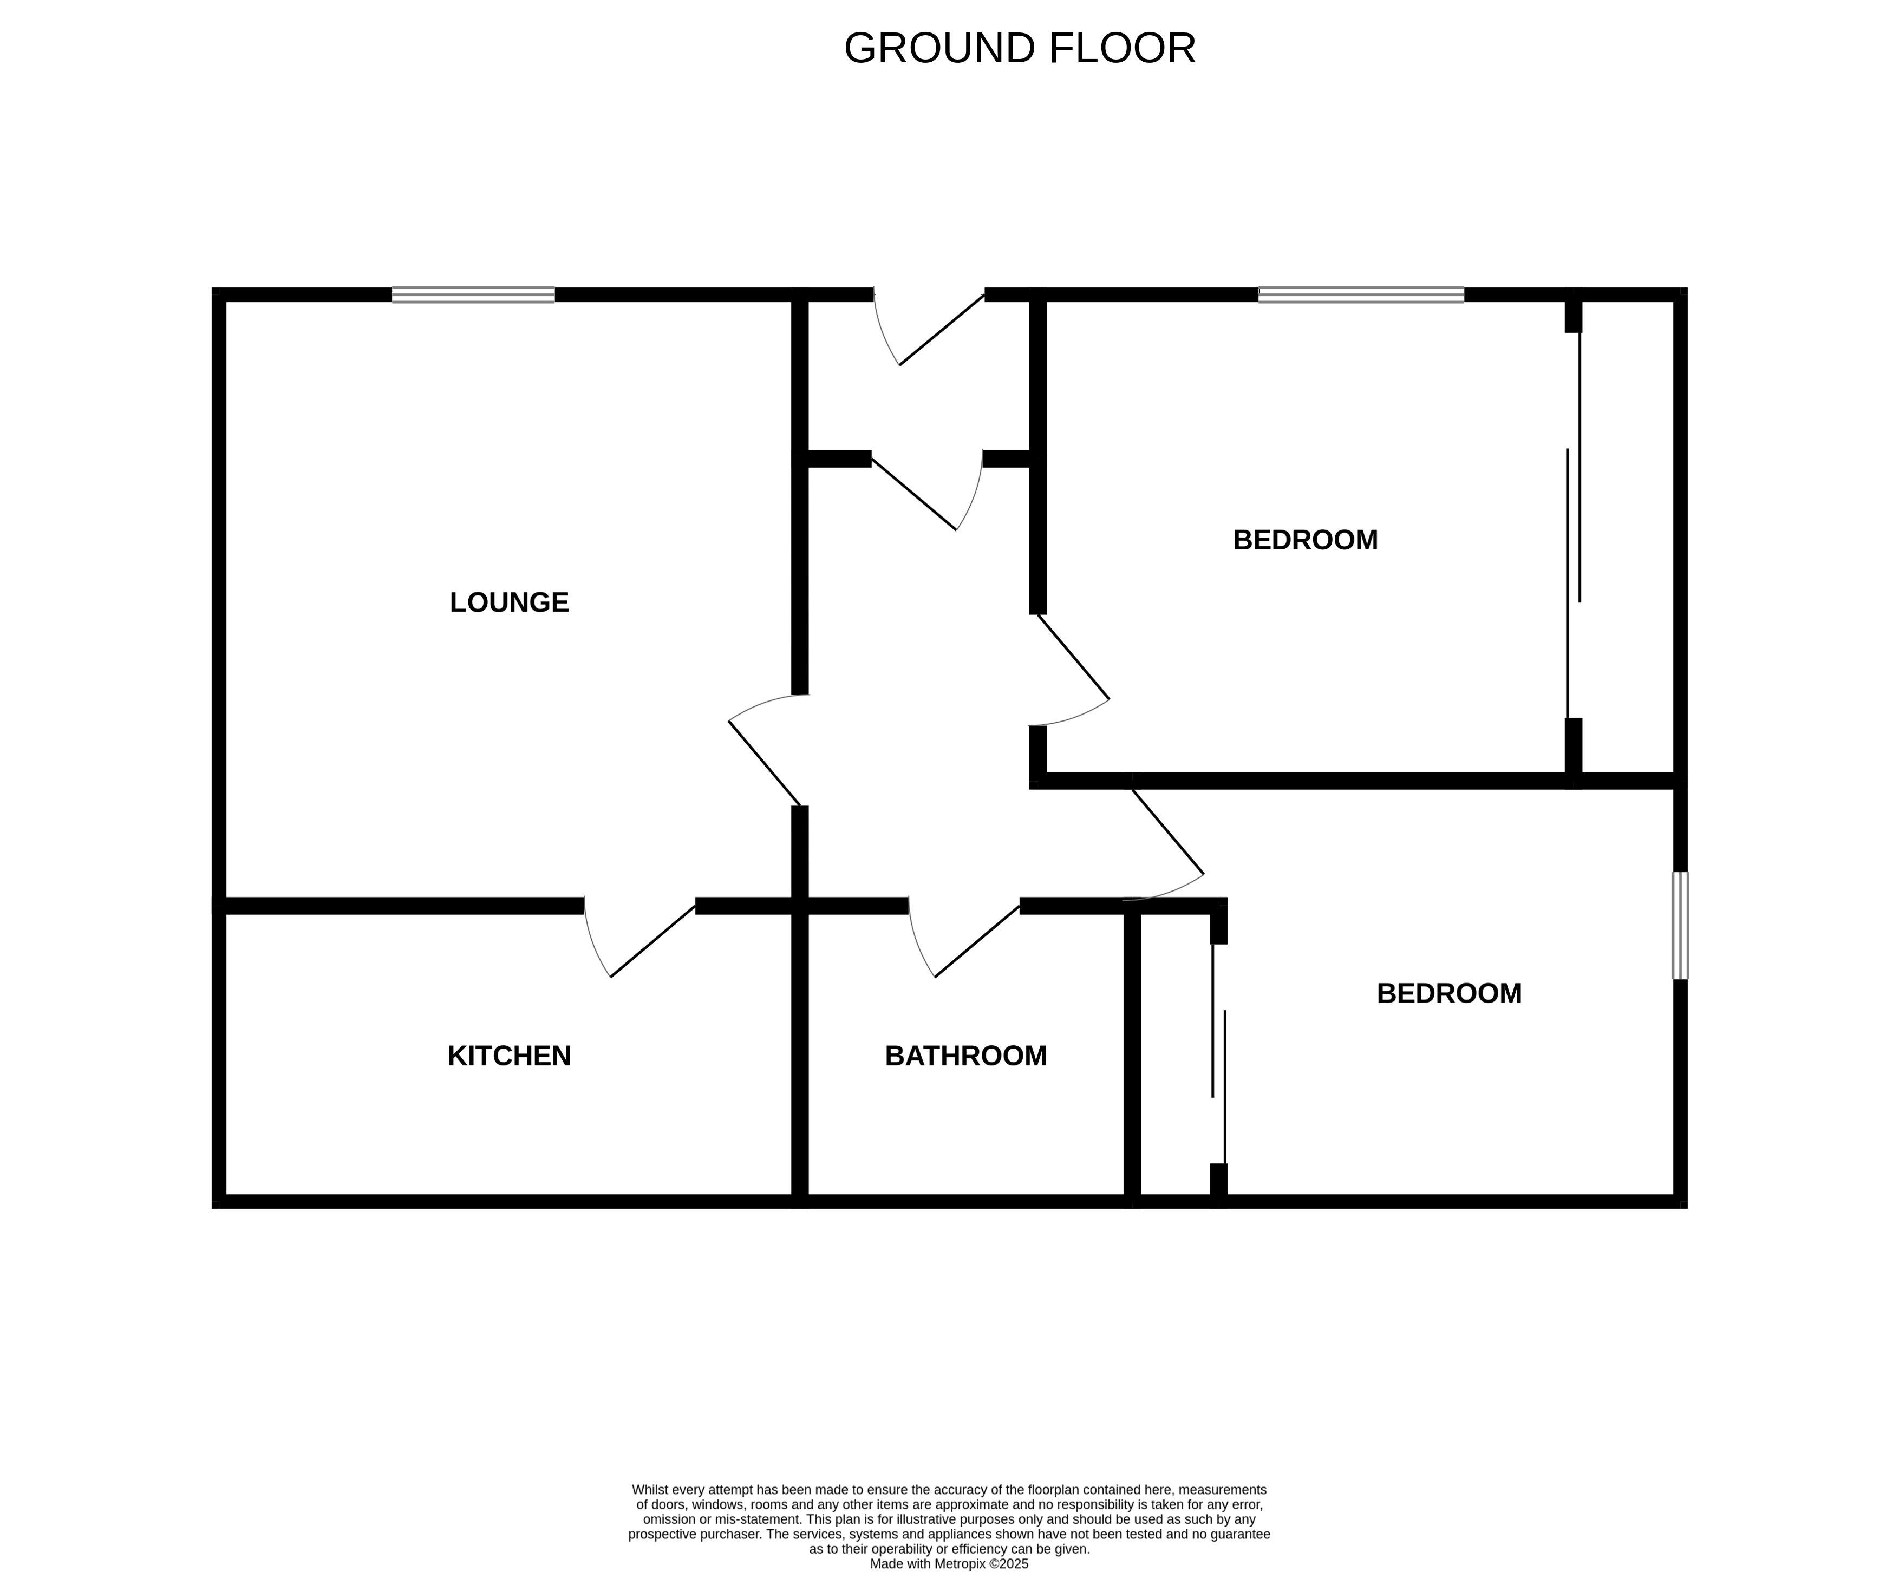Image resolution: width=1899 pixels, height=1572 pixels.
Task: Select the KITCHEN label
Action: click(509, 1056)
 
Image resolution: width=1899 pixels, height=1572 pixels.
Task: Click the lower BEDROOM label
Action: click(1448, 993)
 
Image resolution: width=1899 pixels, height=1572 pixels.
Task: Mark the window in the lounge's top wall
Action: click(473, 294)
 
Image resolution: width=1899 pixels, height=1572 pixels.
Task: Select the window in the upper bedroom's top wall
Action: click(1360, 294)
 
